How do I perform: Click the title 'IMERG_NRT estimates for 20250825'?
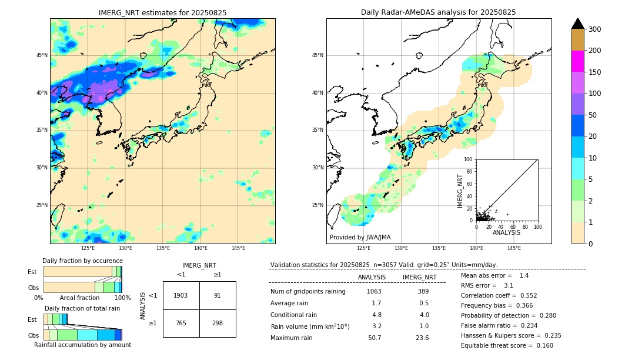coord(162,12)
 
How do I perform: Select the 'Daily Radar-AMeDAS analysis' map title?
coord(439,12)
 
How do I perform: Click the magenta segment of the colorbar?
coord(577,61)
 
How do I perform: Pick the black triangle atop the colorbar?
coord(577,24)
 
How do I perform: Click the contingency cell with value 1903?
coord(181,295)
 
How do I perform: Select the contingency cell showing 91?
coord(218,295)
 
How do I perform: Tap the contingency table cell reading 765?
coord(181,323)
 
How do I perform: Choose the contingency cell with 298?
coord(218,323)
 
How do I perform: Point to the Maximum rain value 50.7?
coord(375,338)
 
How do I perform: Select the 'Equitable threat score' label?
coord(495,345)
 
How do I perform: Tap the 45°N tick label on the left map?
coord(42,55)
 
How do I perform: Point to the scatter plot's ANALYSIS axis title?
coord(506,233)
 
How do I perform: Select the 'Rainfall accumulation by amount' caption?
coord(83,345)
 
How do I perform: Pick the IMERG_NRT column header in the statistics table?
coord(419,277)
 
